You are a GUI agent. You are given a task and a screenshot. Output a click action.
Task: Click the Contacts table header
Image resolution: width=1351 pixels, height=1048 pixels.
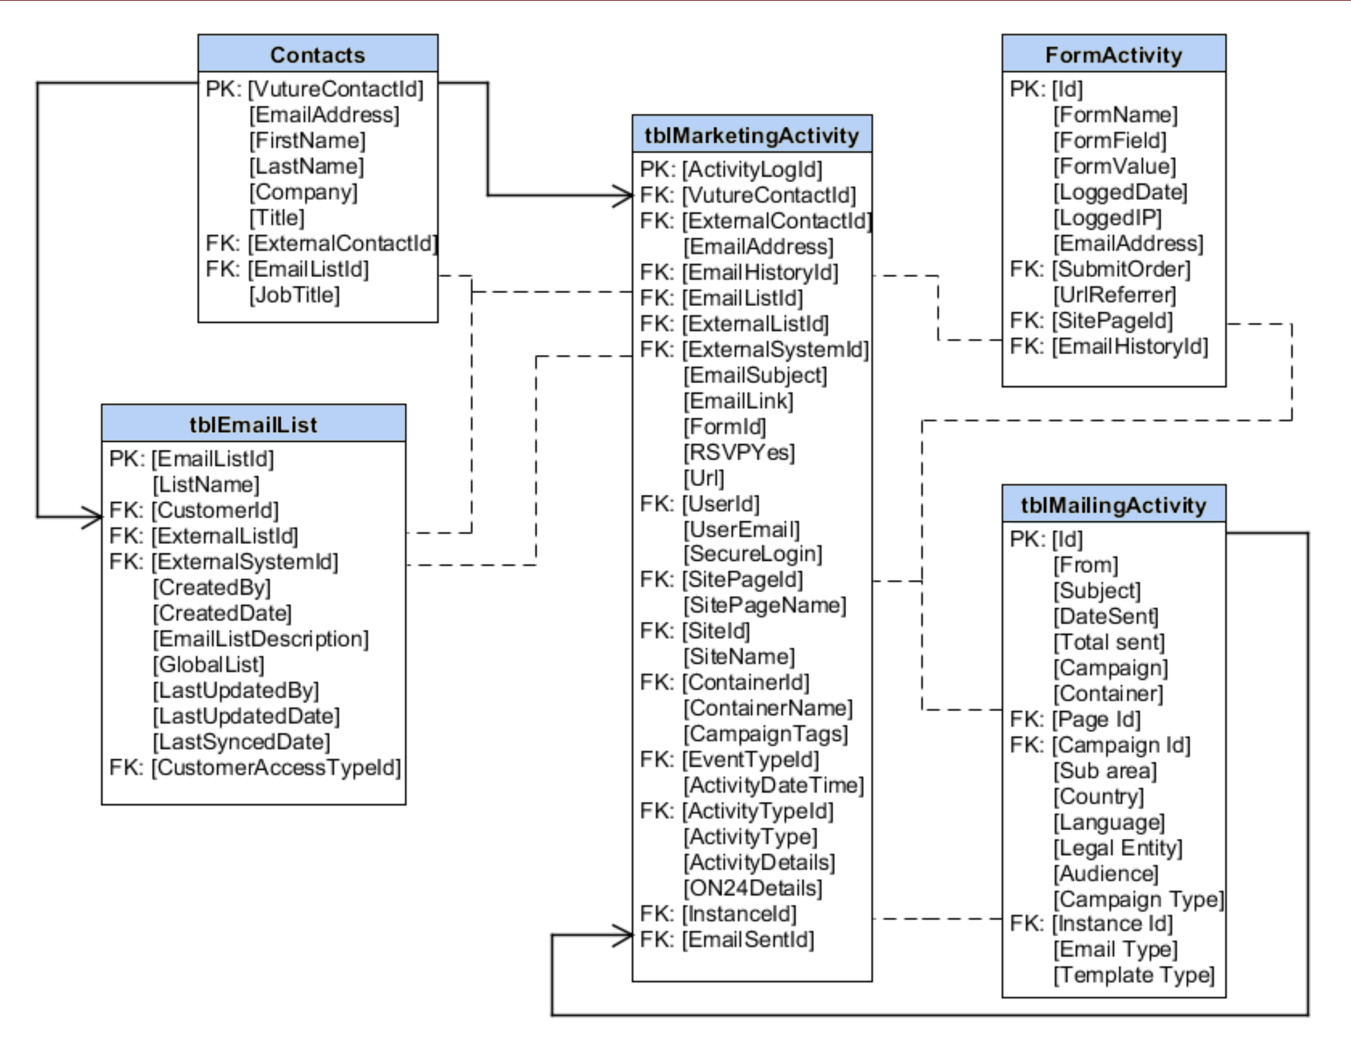click(x=318, y=55)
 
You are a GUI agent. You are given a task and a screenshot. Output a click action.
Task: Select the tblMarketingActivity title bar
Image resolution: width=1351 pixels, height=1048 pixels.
click(x=751, y=135)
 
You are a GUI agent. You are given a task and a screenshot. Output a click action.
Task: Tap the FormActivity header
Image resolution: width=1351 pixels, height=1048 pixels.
click(x=1114, y=55)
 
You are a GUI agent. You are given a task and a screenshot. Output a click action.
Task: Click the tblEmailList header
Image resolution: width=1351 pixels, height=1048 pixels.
click(x=253, y=424)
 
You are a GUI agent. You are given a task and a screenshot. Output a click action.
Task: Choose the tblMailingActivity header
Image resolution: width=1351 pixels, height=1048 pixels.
click(x=1114, y=505)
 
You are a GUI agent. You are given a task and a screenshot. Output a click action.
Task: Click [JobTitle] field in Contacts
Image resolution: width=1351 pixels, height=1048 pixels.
click(x=295, y=295)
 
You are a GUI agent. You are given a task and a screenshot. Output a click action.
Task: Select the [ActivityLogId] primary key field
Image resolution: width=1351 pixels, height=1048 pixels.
click(x=751, y=170)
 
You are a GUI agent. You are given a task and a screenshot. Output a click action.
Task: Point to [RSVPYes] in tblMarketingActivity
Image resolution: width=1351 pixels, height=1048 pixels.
click(x=739, y=453)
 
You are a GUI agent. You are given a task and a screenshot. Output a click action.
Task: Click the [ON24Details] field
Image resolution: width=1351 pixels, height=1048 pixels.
click(x=752, y=888)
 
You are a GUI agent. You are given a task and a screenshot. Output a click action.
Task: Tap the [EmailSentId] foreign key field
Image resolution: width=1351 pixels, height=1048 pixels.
click(x=748, y=939)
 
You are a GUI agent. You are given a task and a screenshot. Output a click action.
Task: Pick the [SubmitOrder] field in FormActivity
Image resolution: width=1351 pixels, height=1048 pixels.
click(x=1121, y=269)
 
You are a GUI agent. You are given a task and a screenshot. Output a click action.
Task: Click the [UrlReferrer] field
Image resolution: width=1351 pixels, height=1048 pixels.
click(x=1114, y=295)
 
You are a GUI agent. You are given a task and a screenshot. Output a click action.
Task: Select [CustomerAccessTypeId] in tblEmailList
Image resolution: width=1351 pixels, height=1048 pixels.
click(x=276, y=768)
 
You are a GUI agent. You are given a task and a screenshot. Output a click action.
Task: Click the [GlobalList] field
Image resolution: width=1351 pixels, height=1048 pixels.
click(x=208, y=665)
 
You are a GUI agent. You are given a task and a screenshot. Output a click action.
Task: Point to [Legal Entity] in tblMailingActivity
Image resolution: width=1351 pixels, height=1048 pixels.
click(x=1117, y=848)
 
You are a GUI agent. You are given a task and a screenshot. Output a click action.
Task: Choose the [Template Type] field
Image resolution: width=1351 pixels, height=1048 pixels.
click(x=1134, y=975)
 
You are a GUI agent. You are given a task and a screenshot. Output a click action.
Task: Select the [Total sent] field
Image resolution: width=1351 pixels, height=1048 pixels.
click(x=1108, y=642)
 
